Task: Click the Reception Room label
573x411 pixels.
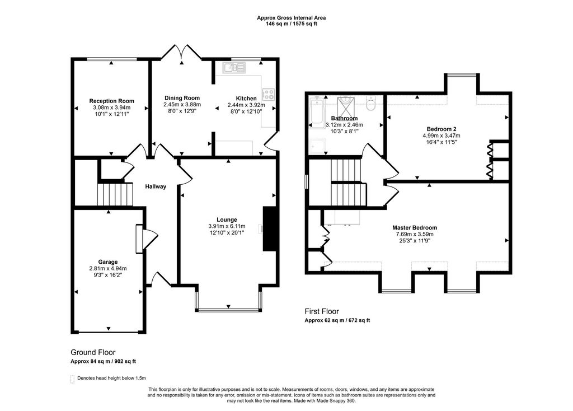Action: click(111, 101)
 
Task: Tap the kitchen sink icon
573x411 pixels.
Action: click(234, 68)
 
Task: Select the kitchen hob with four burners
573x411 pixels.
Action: click(269, 95)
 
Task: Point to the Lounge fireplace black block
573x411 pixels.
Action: click(270, 228)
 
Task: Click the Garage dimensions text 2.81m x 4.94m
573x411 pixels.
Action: click(108, 269)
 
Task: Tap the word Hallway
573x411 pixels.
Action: click(156, 186)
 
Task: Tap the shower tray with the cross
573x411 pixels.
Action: click(344, 104)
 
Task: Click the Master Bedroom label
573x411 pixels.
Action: click(415, 227)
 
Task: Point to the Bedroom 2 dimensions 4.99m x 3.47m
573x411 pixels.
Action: click(442, 136)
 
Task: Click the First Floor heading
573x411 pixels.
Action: click(322, 311)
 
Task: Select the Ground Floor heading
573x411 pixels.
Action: click(93, 352)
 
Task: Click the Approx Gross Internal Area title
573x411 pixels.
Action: click(291, 18)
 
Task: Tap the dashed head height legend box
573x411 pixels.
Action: click(72, 379)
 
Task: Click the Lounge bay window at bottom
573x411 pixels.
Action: click(228, 309)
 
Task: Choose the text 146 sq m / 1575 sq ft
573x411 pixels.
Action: click(291, 25)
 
